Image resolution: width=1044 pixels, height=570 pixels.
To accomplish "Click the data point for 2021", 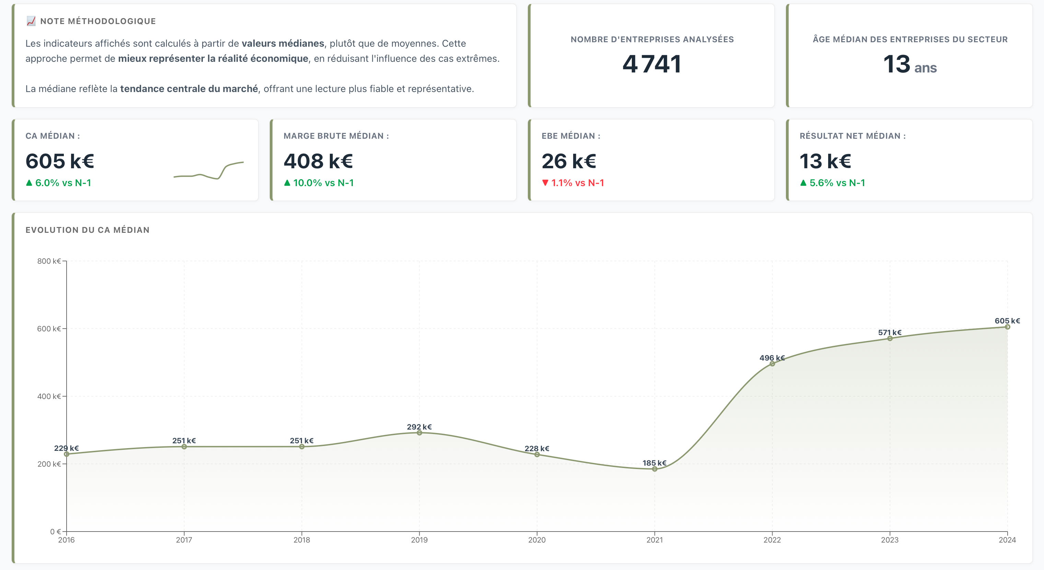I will [654, 469].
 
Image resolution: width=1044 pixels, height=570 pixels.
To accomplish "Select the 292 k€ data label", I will [419, 427].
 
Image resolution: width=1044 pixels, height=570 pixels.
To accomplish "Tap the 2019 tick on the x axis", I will [419, 539].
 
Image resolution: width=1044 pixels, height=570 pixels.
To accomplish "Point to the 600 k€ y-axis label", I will [49, 329].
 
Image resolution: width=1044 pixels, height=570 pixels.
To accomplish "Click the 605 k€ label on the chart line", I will [1007, 321].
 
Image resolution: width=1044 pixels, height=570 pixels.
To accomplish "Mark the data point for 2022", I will [772, 364].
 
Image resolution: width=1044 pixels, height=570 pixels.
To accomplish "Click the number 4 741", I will [652, 64].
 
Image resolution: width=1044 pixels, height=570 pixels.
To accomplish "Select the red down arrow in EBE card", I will [545, 183].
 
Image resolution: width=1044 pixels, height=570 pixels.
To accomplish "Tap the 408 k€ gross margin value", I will [318, 161].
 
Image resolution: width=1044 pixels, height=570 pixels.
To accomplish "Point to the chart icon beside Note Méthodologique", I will [31, 21].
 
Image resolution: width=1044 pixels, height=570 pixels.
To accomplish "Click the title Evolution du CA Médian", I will [88, 230].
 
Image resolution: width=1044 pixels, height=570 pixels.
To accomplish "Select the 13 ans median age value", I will [909, 65].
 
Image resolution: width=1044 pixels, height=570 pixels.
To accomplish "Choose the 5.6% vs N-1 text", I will [837, 183].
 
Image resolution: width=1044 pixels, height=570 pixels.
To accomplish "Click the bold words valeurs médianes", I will [282, 43].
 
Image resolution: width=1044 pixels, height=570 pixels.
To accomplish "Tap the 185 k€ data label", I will [654, 463].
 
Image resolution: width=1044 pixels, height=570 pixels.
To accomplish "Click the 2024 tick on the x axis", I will [1007, 539].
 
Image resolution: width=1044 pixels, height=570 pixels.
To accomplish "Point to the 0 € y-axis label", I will [56, 532].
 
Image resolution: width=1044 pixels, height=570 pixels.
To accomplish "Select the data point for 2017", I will [184, 447].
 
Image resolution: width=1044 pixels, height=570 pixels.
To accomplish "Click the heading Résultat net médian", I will [852, 136].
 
